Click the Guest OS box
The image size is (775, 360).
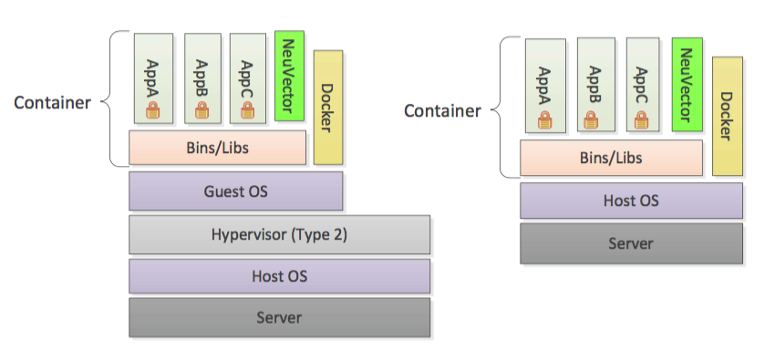tap(235, 191)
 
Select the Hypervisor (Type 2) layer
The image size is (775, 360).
tap(279, 234)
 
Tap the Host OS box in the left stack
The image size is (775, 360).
tap(279, 276)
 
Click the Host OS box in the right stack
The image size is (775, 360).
tap(631, 201)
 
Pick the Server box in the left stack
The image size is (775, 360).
tap(279, 318)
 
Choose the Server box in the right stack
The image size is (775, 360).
tap(631, 243)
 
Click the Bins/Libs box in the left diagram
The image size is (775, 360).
tap(217, 148)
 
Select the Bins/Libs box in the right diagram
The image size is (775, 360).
tap(611, 158)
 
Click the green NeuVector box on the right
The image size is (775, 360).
tap(687, 85)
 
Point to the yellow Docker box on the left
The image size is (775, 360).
tap(327, 107)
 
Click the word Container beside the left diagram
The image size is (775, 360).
tap(52, 102)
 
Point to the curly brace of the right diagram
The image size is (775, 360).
tap(500, 108)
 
